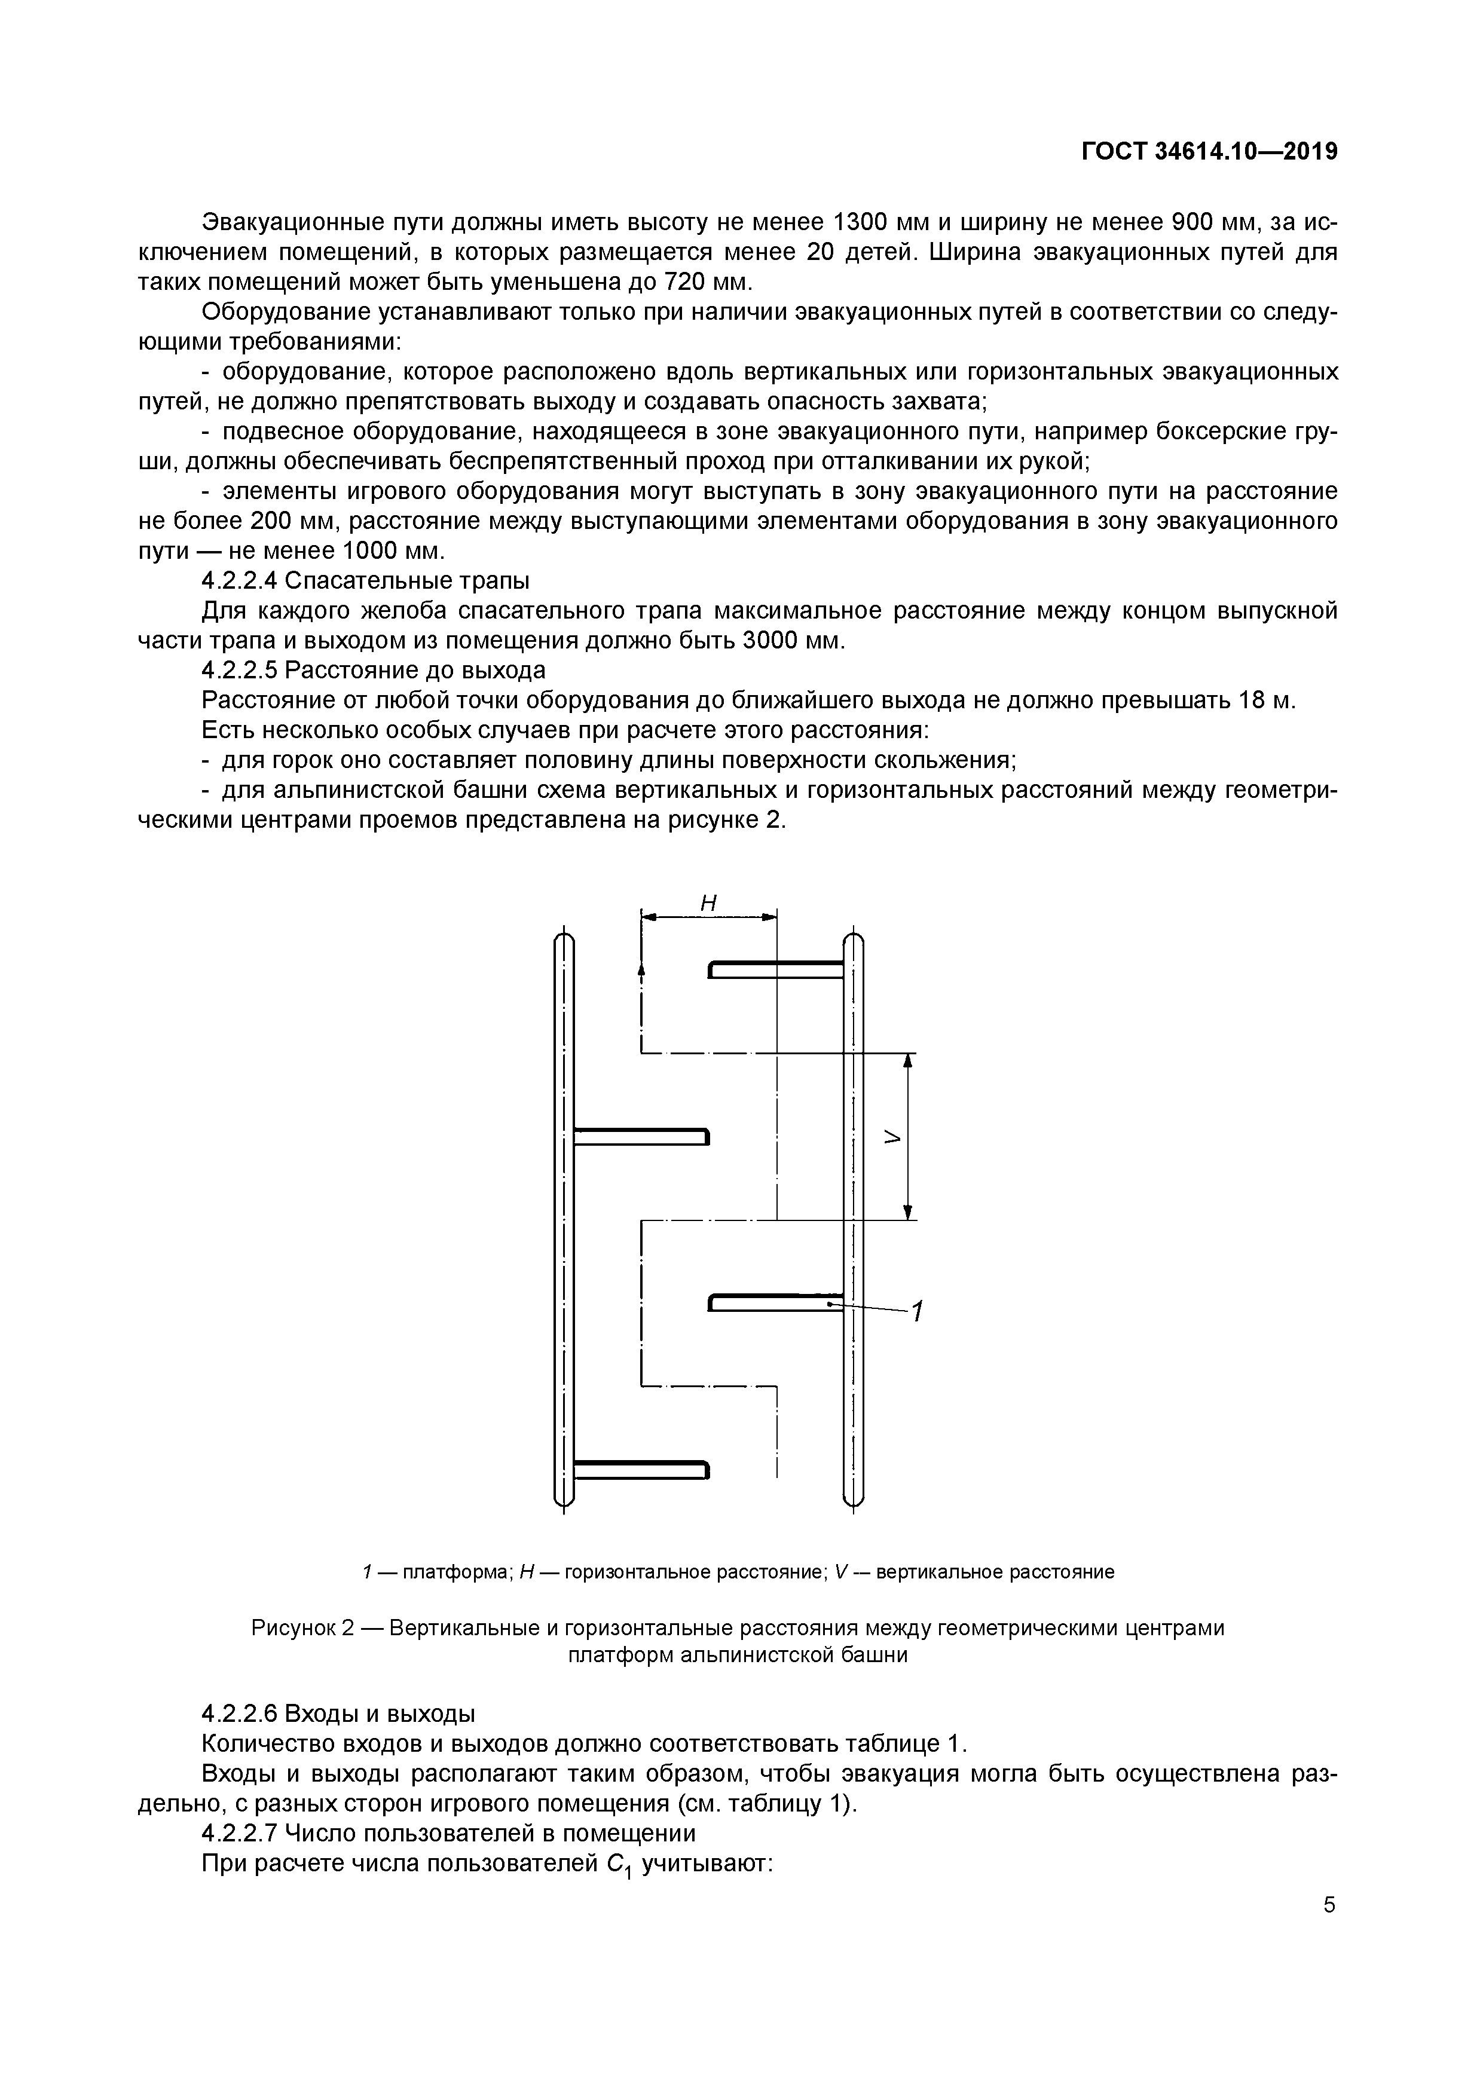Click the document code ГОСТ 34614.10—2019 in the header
point(1209,152)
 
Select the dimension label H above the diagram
point(708,904)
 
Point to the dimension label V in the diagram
point(892,1137)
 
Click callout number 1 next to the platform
point(918,1312)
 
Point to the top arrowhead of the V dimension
point(908,1061)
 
